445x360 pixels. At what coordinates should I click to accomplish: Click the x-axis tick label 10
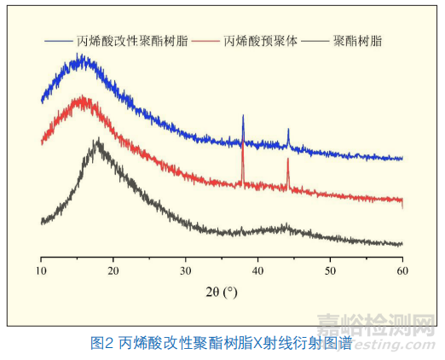[x=41, y=270]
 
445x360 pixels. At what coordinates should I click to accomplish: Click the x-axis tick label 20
[x=113, y=270]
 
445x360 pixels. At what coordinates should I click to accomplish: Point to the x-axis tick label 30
[x=186, y=270]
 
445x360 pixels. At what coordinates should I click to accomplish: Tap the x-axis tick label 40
[x=257, y=270]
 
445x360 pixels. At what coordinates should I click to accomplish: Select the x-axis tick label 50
[x=330, y=270]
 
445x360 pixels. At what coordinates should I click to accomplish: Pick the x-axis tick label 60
[x=402, y=270]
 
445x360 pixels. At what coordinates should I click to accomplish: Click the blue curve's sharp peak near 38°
[x=243, y=115]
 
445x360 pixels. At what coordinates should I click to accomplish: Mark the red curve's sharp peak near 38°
[x=243, y=143]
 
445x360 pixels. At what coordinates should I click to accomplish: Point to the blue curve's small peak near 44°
[x=288, y=130]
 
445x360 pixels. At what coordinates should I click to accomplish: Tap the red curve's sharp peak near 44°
[x=288, y=160]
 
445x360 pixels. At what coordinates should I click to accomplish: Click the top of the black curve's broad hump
[x=99, y=142]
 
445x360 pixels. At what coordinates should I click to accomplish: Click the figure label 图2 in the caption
[x=102, y=344]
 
